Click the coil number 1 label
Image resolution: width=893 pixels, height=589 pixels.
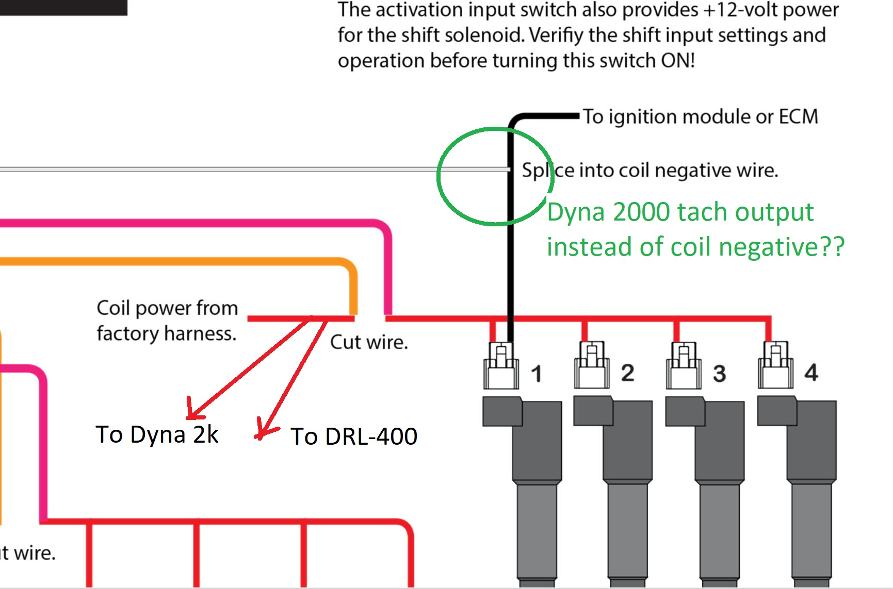pos(537,374)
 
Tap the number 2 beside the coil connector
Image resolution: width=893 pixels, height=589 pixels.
pos(627,373)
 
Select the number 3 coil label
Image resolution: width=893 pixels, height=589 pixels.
pos(719,374)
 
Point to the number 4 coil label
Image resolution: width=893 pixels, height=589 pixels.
pos(811,373)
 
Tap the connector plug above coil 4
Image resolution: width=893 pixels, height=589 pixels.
pos(775,365)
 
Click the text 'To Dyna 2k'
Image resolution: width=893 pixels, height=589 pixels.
pos(157,434)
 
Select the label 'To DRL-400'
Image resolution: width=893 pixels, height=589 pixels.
pos(353,436)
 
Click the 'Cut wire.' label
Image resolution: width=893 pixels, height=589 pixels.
pos(369,342)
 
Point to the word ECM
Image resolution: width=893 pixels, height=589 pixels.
pos(798,117)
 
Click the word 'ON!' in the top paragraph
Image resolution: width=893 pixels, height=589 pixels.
pos(678,60)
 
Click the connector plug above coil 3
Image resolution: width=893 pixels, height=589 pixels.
pos(684,365)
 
